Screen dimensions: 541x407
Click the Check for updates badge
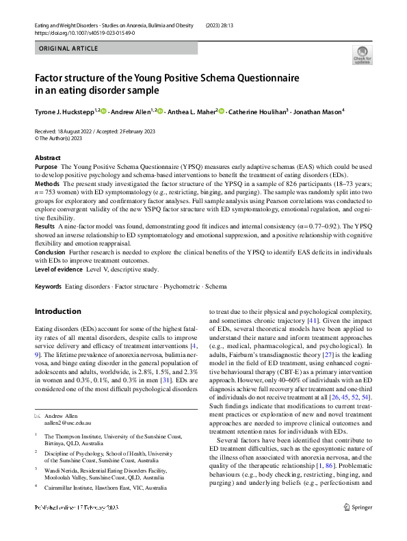click(362, 55)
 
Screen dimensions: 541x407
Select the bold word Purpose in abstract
click(46, 167)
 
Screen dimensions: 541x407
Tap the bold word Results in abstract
click(44, 225)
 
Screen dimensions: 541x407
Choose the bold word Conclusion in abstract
click(50, 252)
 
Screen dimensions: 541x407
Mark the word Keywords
click(48, 287)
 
